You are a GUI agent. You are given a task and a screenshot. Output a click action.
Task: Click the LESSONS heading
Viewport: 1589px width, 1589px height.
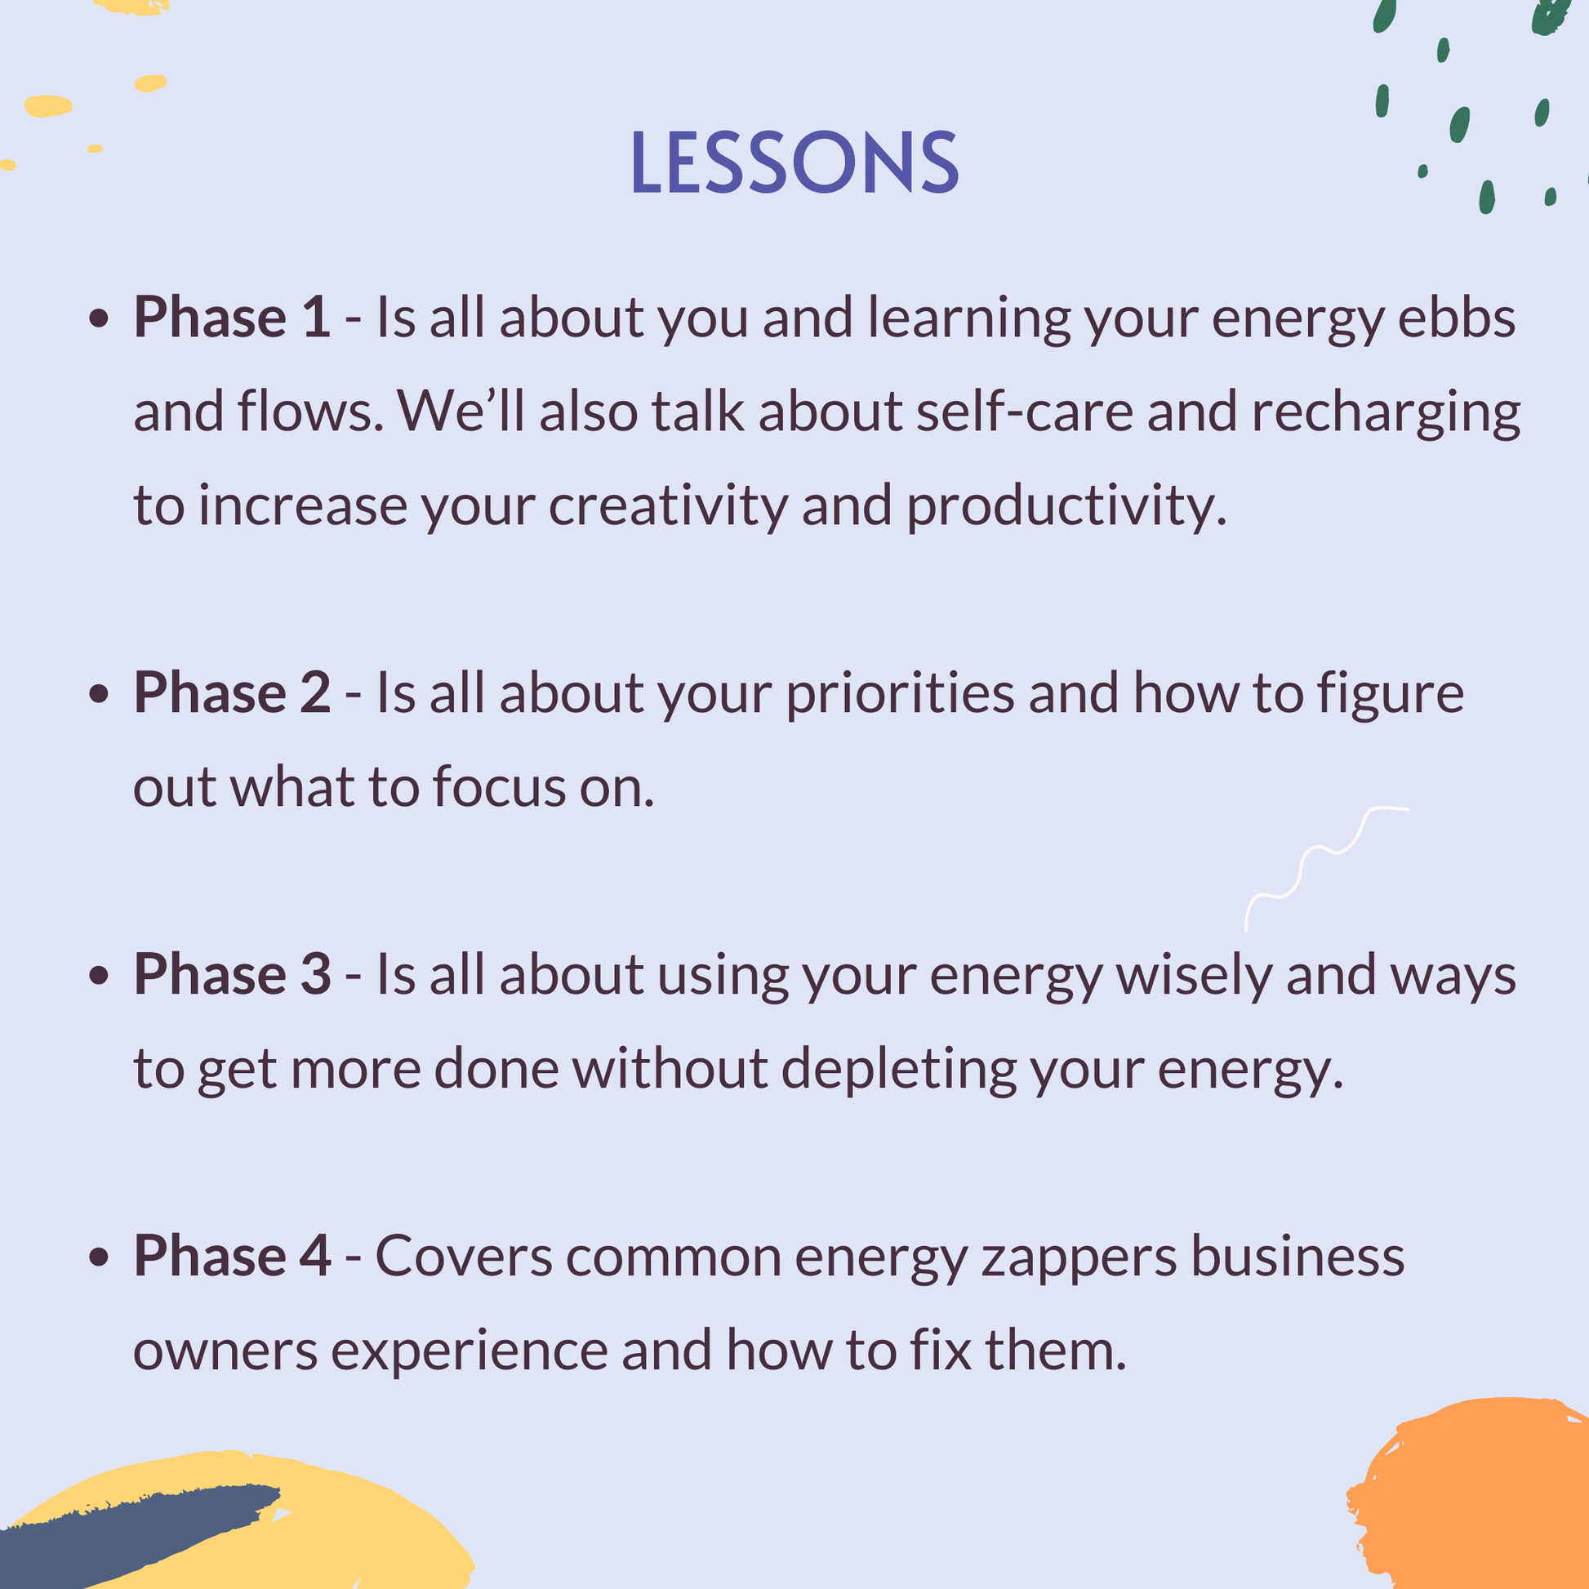[794, 162]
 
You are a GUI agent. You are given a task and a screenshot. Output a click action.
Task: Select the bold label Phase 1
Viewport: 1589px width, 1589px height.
[232, 317]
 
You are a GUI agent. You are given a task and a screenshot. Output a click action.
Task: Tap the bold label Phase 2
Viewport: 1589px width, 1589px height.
[232, 692]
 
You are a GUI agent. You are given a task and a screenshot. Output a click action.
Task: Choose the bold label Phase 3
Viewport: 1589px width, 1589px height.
[232, 975]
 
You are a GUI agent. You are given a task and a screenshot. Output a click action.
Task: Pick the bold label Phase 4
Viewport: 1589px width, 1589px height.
[232, 1256]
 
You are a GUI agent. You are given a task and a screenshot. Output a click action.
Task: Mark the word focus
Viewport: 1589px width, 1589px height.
[499, 787]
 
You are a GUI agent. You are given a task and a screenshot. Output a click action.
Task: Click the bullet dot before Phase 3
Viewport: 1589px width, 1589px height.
[99, 976]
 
